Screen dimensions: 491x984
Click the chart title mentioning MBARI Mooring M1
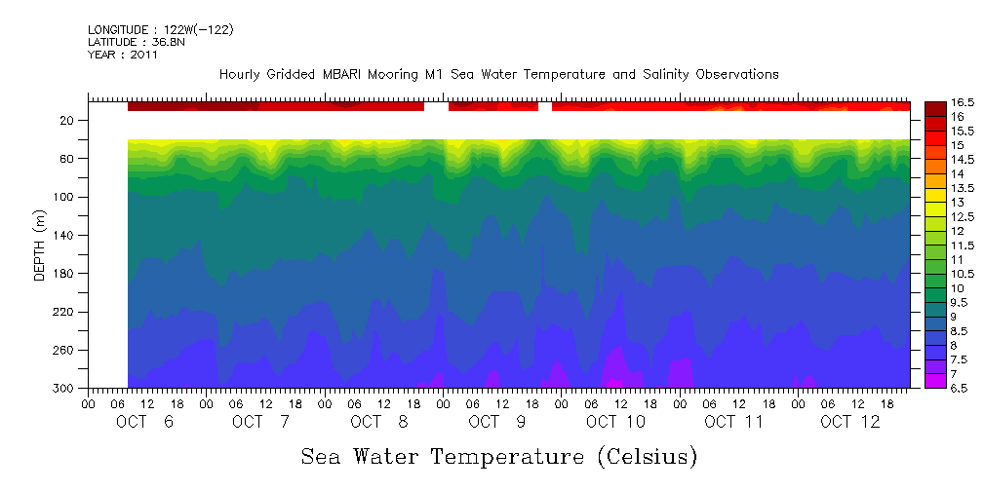tap(498, 74)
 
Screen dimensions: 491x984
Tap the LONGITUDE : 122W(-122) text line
tap(161, 30)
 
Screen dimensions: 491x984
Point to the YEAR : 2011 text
tap(122, 55)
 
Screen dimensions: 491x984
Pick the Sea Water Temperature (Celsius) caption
tap(499, 456)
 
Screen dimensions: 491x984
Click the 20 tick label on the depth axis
tap(67, 120)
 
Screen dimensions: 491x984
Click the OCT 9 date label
tap(497, 422)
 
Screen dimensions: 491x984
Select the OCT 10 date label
tap(615, 422)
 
